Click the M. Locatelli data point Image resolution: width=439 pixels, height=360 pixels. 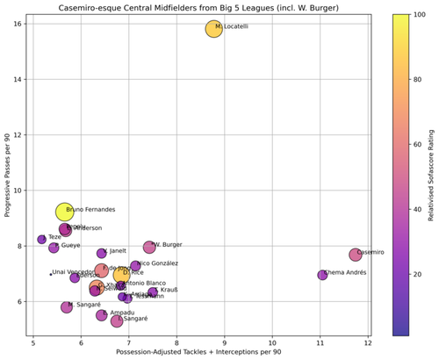coord(213,29)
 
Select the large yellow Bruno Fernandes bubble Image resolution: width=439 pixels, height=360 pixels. coord(64,212)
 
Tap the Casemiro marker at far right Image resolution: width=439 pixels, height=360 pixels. coord(356,255)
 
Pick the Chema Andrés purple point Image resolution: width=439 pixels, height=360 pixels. coord(322,275)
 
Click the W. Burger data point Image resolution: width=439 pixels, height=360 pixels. coord(149,248)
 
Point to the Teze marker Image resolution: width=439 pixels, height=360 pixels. coord(42,239)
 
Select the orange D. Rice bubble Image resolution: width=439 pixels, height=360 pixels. coord(121,275)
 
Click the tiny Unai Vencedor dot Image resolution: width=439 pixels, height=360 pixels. coord(51,274)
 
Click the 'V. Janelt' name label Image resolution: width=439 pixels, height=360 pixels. coord(117,252)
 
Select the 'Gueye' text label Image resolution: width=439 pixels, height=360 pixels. coord(70,247)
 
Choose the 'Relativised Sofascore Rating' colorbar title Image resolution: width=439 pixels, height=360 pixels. coord(433,175)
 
